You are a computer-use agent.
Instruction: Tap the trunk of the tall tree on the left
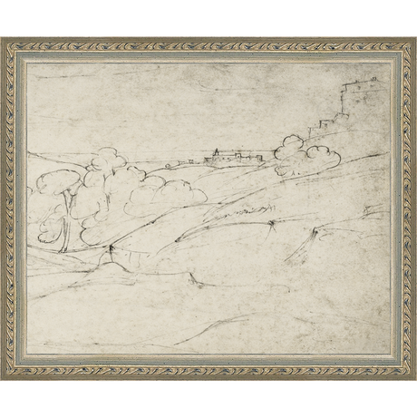coord(64,231)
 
